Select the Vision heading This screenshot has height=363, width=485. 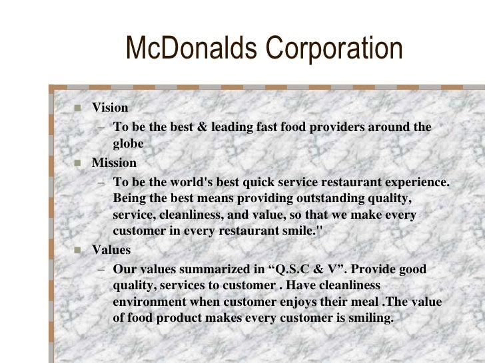(110, 108)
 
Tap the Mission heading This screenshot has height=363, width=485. (114, 163)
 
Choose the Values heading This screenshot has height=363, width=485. (111, 251)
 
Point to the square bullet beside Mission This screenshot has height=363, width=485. (77, 164)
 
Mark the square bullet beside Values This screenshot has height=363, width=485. (77, 251)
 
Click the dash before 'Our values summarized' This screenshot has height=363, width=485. (100, 270)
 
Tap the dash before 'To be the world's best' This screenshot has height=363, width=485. (100, 182)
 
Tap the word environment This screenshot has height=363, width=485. (146, 302)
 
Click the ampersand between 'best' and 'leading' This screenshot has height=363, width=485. (199, 127)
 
